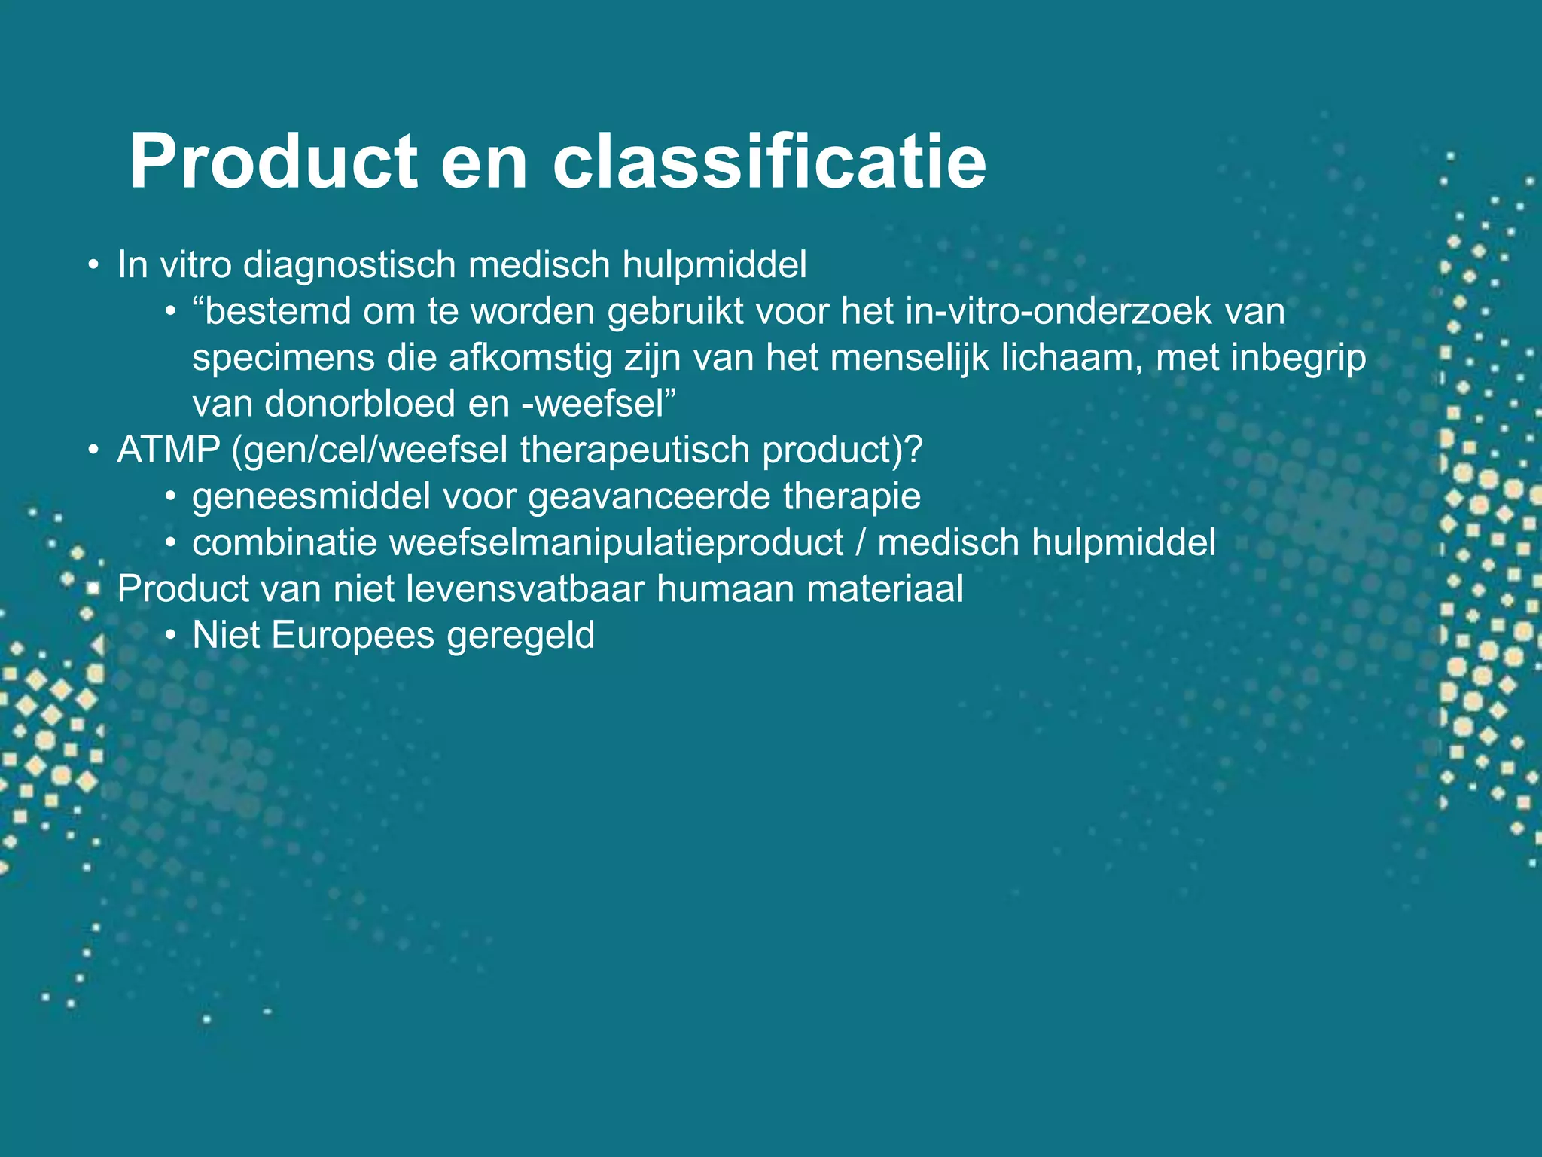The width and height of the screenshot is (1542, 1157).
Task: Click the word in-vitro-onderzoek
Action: pos(1058,311)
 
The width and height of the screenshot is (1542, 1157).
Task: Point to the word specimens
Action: pos(283,358)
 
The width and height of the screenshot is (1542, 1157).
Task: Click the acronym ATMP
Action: pos(169,450)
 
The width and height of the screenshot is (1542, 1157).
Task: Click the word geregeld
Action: pos(520,636)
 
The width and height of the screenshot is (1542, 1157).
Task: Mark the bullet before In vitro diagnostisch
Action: pos(93,265)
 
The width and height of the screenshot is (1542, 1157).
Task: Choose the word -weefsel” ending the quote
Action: pos(599,404)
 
